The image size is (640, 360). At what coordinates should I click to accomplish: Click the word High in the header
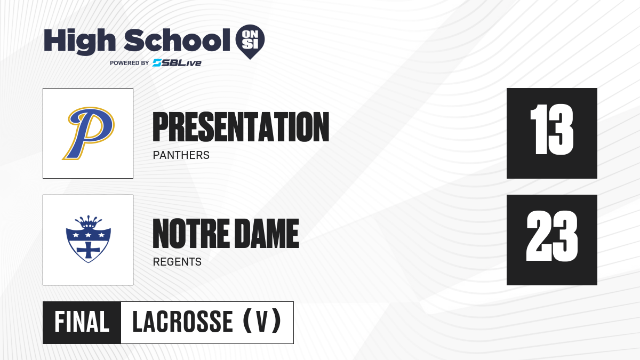tap(79, 42)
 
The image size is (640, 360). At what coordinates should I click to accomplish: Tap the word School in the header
tap(177, 40)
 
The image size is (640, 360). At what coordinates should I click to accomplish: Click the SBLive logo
tap(177, 63)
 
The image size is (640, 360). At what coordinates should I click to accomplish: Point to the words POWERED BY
tap(130, 63)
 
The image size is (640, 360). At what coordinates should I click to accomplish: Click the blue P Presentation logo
tap(89, 133)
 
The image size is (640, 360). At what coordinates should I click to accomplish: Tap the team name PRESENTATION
tap(241, 127)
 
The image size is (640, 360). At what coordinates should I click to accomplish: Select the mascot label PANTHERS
tap(181, 155)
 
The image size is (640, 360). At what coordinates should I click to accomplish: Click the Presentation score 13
tap(551, 130)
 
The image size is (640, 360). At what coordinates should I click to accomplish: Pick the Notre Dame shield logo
tap(89, 239)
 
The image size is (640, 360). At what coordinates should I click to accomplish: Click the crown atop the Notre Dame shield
tap(89, 221)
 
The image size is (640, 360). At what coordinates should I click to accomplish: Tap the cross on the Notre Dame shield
tap(89, 250)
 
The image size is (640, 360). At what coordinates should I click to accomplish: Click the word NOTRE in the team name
tap(191, 234)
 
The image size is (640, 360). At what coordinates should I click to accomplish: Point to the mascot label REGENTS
tap(177, 262)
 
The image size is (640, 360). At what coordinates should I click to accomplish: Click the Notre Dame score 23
tap(551, 236)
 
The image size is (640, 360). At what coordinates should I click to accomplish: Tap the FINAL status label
tap(82, 322)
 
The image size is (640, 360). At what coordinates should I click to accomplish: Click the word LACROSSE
tap(183, 322)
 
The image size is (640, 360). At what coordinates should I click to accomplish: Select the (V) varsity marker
tap(262, 321)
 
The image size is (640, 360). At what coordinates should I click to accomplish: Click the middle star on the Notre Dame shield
tap(89, 235)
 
